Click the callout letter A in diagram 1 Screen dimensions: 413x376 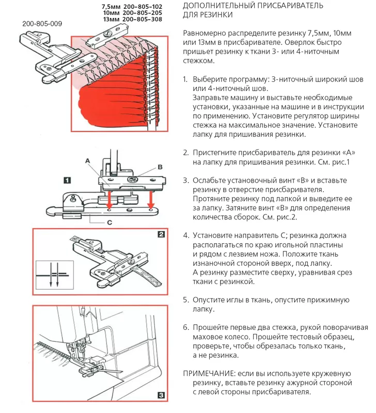89,161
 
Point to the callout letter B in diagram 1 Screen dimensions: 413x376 160,167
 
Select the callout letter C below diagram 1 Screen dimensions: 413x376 110,223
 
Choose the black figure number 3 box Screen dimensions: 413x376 161,396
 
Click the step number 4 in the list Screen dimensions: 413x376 186,235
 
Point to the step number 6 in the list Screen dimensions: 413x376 186,328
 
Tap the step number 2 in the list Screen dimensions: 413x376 186,153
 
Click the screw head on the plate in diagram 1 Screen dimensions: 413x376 133,180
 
